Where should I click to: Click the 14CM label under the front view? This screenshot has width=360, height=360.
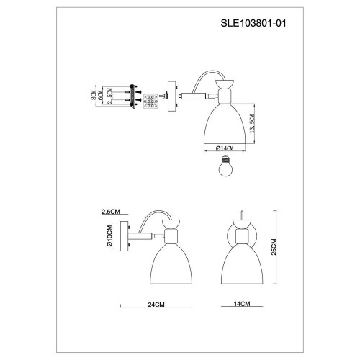pos(241,305)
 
